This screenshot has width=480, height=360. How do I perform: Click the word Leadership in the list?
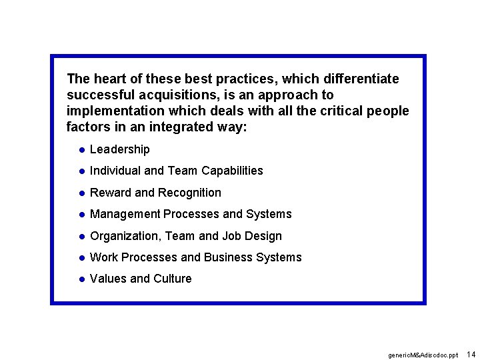click(120, 149)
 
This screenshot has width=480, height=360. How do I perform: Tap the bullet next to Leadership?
click(80, 149)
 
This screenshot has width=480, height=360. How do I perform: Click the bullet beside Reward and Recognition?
click(80, 193)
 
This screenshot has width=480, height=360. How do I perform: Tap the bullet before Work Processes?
click(80, 257)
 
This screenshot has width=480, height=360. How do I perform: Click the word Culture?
click(172, 279)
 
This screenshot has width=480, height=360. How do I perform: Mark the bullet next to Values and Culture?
click(80, 279)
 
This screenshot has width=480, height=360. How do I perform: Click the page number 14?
click(471, 354)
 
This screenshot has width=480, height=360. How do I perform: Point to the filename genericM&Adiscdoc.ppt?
click(423, 355)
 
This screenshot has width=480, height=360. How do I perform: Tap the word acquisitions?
click(161, 95)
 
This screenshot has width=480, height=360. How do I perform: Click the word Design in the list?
click(264, 236)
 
